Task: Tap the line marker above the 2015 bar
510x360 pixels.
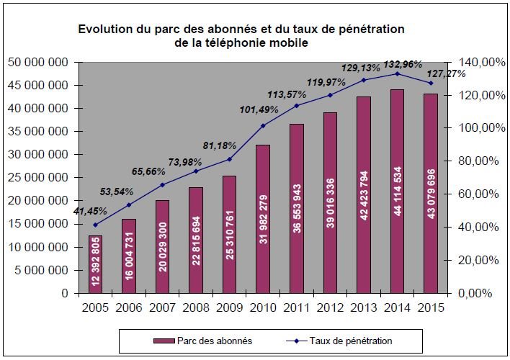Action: tap(431, 83)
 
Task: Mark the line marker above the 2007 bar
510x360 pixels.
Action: tap(163, 185)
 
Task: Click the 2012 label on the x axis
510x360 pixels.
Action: tap(331, 307)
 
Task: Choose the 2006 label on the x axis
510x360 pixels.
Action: tap(130, 307)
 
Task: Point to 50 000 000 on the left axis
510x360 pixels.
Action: tap(39, 63)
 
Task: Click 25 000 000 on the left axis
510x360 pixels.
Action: tap(39, 178)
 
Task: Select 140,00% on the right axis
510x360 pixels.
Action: tap(473, 63)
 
